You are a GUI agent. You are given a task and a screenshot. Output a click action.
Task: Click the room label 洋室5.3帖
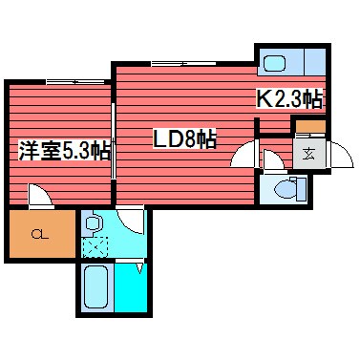coord(63,150)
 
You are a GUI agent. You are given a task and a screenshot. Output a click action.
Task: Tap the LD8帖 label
coord(185,139)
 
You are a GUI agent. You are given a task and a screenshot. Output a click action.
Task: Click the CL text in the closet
coord(39,234)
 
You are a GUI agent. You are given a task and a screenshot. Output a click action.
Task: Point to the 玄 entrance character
coord(309,152)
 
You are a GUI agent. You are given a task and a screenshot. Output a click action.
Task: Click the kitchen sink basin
coord(274,64)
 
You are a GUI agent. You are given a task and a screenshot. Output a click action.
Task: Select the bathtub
coord(96,292)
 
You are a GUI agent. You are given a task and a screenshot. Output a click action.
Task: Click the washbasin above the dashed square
coord(94,223)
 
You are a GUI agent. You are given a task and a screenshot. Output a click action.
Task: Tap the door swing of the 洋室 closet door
coord(40,198)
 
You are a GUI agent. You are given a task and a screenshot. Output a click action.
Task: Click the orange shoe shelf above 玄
coord(309,127)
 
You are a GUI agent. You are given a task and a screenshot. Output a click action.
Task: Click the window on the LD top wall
coord(172,63)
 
